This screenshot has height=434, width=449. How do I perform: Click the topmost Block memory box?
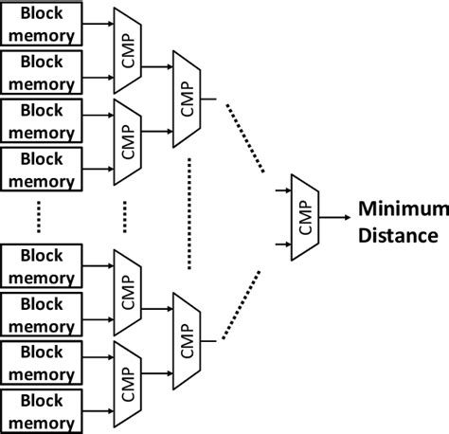(42, 26)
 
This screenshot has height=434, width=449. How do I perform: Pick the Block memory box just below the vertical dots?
(42, 264)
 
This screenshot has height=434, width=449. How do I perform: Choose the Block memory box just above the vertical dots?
(42, 167)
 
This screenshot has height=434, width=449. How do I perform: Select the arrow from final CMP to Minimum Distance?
(336, 217)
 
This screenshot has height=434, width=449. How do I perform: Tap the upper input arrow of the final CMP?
(279, 191)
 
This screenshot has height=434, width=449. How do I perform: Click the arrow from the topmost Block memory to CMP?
(98, 26)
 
